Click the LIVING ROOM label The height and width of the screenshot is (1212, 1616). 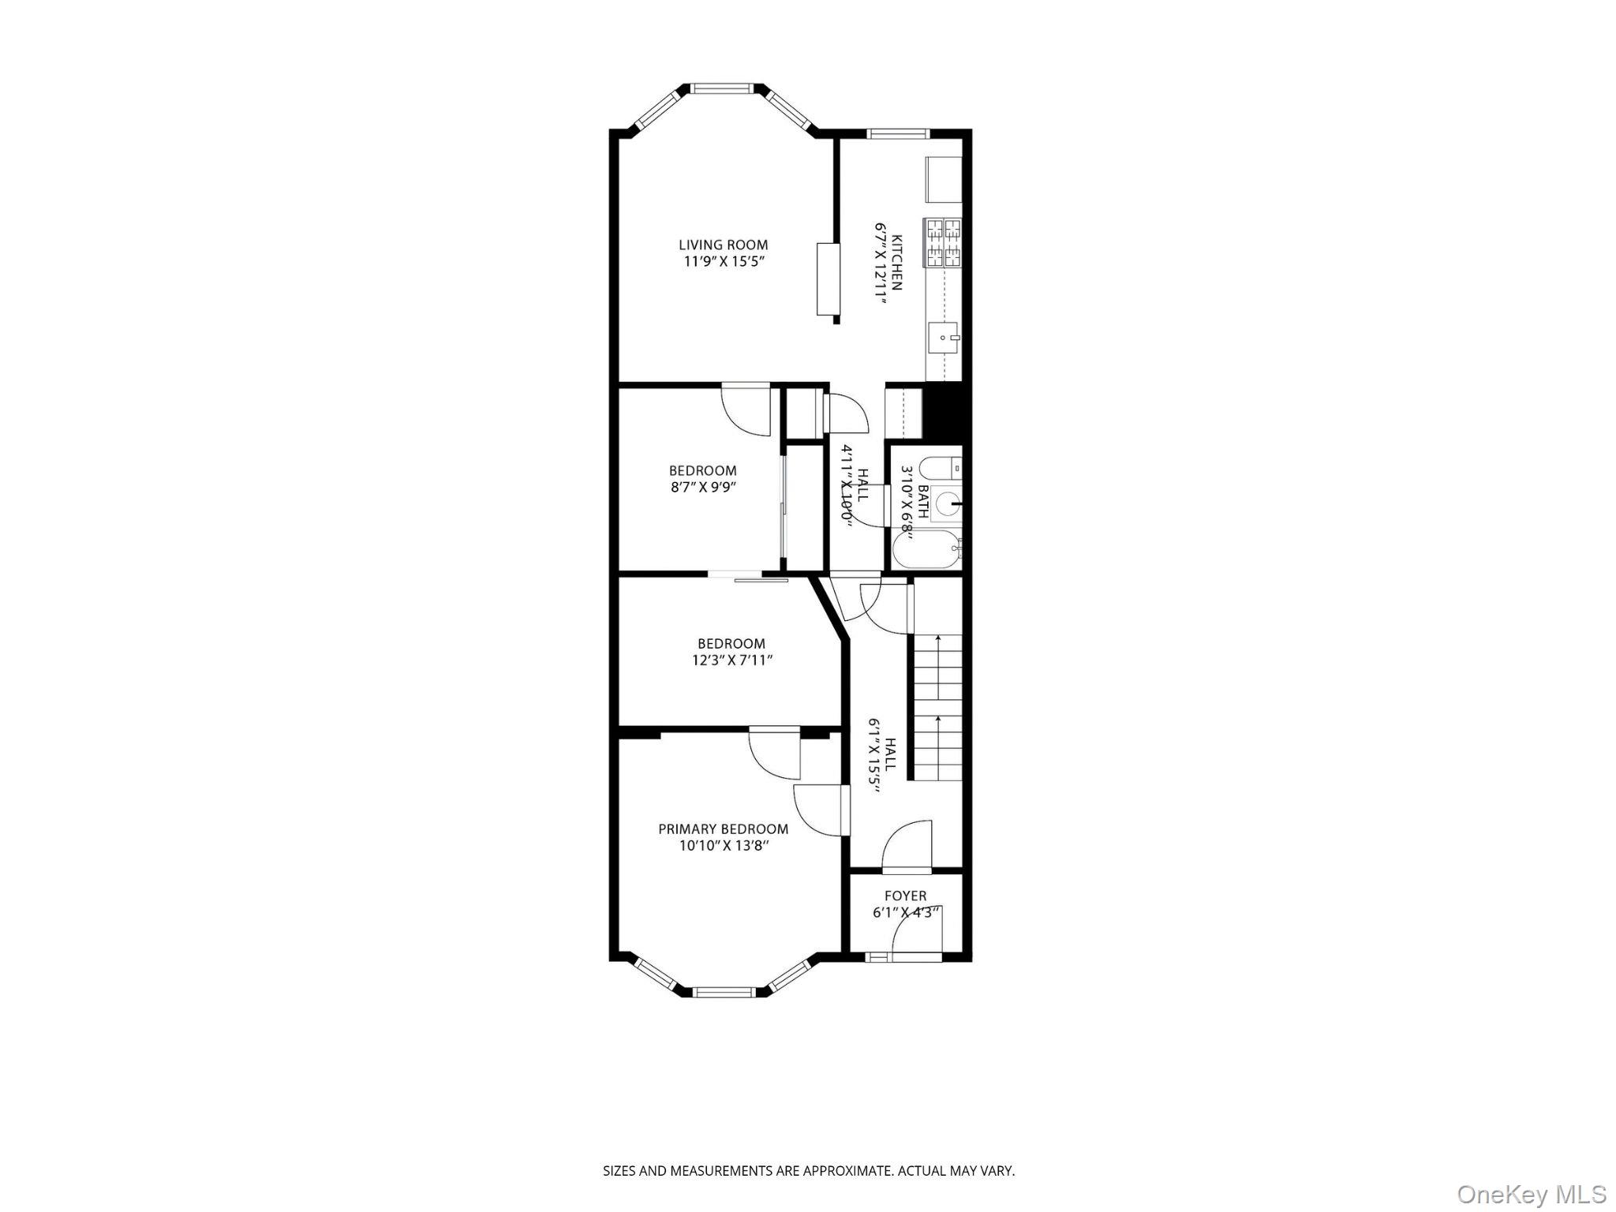tap(723, 245)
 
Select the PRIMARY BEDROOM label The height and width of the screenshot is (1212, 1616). tap(723, 829)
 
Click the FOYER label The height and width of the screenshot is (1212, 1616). tap(905, 896)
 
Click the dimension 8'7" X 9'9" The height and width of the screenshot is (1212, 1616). tap(703, 488)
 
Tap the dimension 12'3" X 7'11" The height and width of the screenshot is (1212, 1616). tap(731, 660)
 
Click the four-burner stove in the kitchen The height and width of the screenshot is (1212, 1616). tap(944, 242)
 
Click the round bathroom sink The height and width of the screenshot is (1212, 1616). tap(947, 503)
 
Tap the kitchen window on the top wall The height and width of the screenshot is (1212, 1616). tap(899, 133)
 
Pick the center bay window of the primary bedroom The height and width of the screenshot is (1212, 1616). tap(725, 992)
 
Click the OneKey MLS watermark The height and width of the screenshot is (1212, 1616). tap(1531, 1194)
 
